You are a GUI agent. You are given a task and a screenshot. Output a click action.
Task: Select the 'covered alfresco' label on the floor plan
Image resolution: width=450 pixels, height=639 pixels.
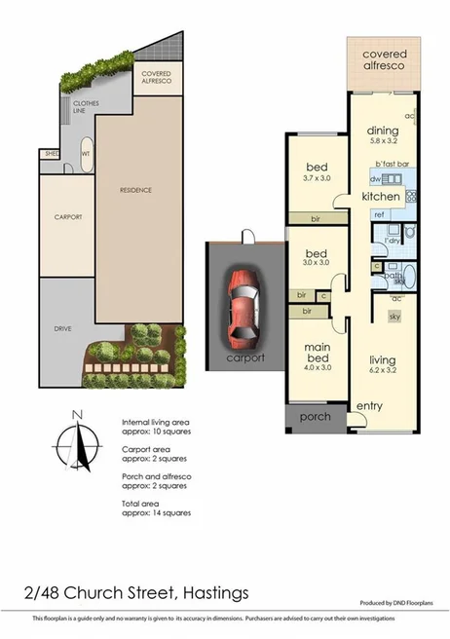(384, 61)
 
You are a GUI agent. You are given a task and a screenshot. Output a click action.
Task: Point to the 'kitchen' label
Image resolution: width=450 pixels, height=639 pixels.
(381, 197)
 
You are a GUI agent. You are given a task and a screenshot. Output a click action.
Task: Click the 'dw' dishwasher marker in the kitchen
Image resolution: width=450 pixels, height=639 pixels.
(374, 179)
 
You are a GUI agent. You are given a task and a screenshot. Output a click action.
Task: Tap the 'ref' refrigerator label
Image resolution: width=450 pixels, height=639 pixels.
(379, 214)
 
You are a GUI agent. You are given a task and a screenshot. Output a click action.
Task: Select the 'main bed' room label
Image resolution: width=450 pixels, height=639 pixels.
(313, 352)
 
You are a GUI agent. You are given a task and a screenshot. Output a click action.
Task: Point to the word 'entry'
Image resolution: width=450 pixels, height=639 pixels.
(369, 405)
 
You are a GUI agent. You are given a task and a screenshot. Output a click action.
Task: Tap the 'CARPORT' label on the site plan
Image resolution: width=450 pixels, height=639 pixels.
(68, 216)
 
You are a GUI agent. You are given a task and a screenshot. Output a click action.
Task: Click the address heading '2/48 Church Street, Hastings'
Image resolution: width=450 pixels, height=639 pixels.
(137, 591)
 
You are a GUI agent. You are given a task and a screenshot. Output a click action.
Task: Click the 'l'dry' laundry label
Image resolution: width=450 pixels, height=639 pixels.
(394, 240)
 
